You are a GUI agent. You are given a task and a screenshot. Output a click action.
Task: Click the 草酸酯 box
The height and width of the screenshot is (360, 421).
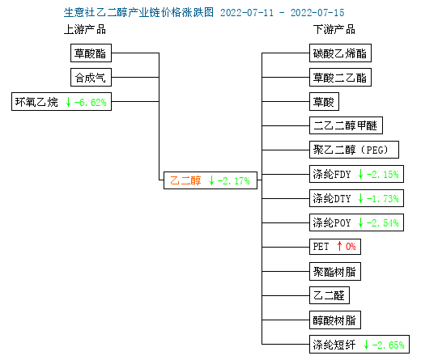pos(91,53)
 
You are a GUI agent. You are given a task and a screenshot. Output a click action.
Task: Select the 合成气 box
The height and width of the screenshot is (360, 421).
pos(91,78)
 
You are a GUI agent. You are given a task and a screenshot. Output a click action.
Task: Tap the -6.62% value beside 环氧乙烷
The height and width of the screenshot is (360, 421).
pos(91,102)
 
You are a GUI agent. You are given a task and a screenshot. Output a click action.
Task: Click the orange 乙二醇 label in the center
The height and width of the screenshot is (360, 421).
pos(185,180)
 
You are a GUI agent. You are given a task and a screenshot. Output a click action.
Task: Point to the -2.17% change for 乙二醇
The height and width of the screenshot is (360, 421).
pos(234,180)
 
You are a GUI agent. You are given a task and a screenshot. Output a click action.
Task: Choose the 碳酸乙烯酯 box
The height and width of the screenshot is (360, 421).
pos(340,53)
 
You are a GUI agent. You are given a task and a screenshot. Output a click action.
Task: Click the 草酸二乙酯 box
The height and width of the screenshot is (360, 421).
pos(340,78)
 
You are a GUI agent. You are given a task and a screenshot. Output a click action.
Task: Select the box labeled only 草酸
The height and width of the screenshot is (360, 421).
pos(324,102)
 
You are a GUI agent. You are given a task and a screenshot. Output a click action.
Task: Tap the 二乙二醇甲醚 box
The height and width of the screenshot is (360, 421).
pos(346,125)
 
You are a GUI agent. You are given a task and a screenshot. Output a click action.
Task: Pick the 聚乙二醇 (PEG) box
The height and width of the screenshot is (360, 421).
pos(354,150)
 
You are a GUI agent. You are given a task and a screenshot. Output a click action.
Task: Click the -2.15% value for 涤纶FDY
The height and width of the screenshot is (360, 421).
pos(383,175)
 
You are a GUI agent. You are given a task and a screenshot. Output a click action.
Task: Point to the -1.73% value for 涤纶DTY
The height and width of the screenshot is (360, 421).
pos(383,199)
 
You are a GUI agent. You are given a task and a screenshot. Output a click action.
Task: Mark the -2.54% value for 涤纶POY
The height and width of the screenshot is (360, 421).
pos(383,223)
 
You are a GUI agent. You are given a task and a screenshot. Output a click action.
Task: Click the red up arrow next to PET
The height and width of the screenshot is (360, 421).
pos(339,246)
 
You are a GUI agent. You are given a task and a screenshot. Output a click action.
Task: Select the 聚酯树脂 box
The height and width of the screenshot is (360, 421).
pos(335,272)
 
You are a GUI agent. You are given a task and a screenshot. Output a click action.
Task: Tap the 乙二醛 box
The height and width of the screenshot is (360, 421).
pos(330,295)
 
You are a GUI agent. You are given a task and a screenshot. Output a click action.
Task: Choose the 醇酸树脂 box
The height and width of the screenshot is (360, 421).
pos(335,320)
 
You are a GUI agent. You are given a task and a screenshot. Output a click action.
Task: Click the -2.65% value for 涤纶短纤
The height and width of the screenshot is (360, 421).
pos(388,345)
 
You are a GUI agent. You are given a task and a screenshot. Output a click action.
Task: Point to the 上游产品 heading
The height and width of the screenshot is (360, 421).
pos(85,29)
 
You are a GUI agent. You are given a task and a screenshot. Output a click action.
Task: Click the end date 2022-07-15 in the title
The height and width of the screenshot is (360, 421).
pos(317,13)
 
